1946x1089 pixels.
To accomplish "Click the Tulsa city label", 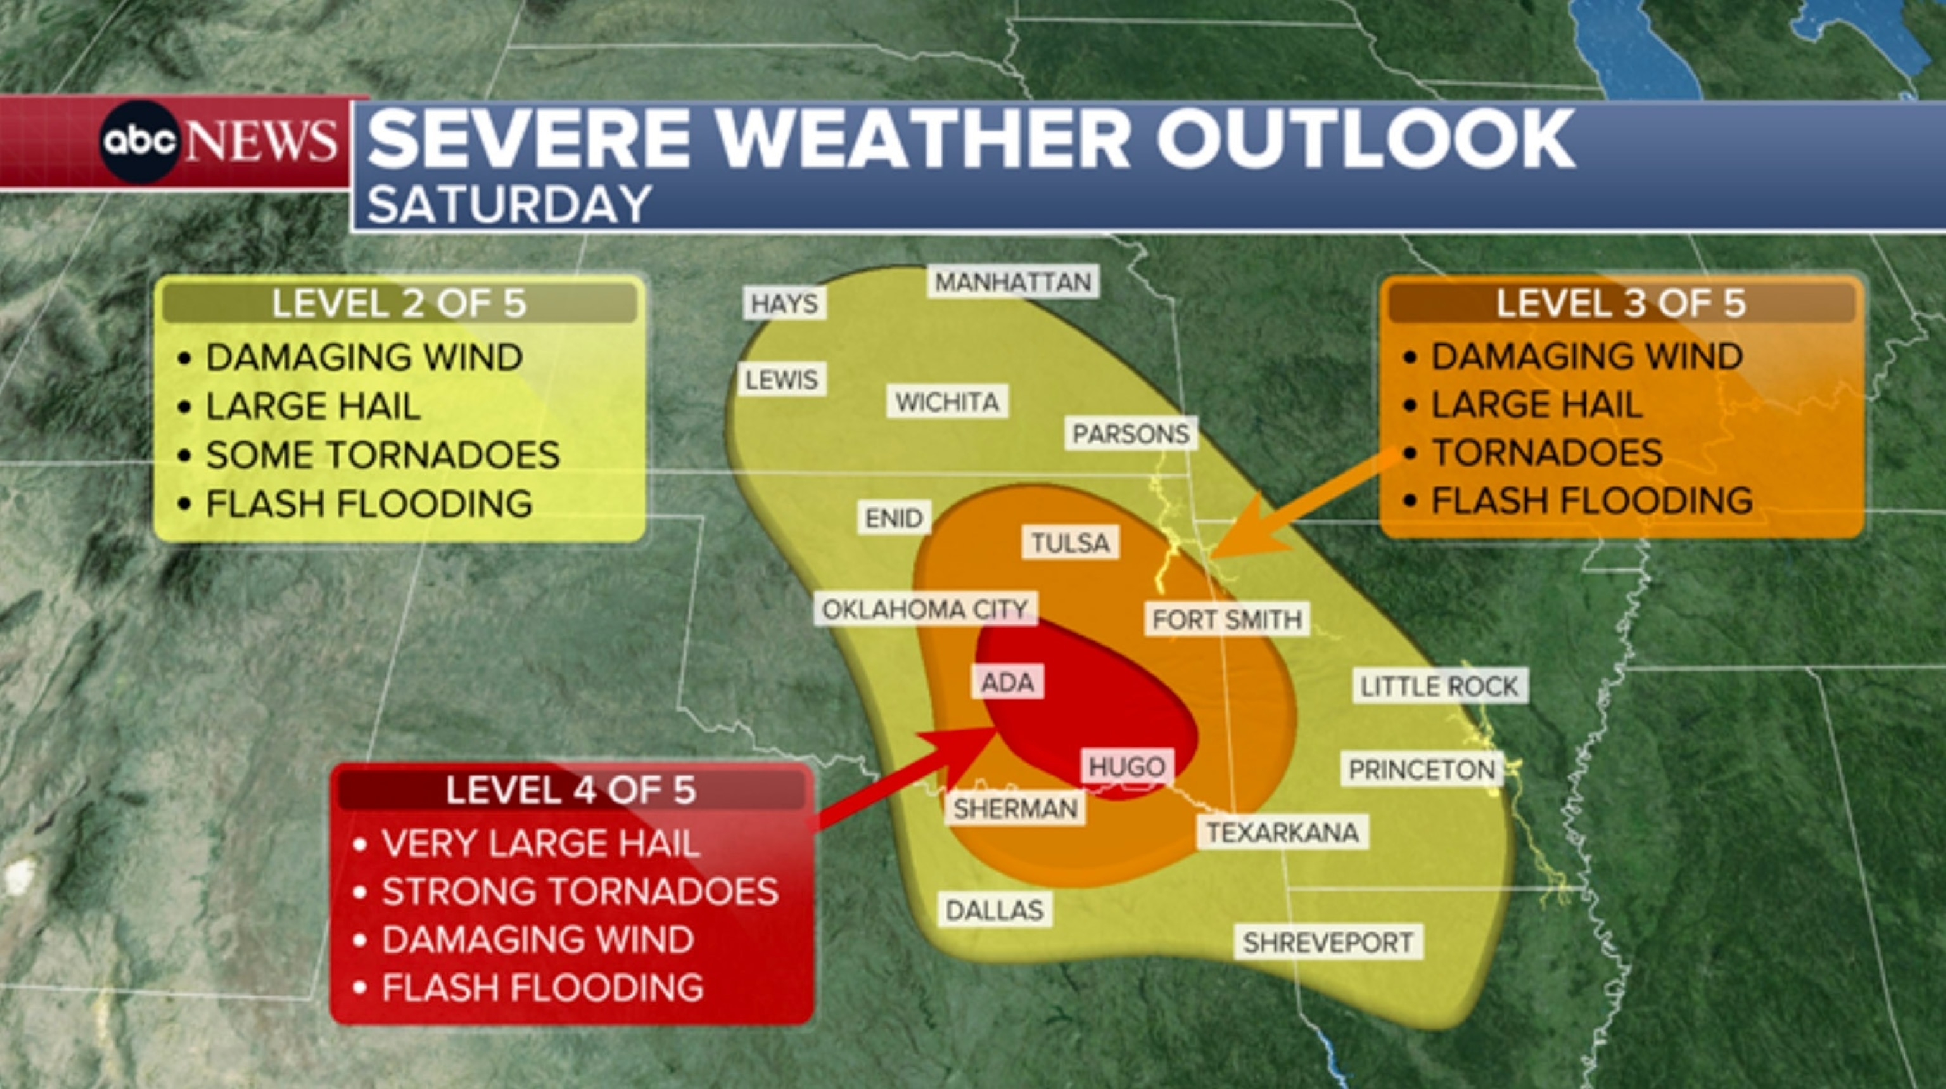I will click(1070, 543).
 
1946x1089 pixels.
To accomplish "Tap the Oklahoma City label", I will click(925, 609).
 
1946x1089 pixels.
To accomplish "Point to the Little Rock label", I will click(1439, 686).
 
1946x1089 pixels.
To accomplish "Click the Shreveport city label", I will click(1328, 943).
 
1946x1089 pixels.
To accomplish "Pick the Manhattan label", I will click(1013, 283).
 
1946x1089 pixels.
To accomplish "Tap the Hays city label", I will click(784, 304).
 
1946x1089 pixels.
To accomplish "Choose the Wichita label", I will click(947, 402).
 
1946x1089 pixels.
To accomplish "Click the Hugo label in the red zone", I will click(1127, 767).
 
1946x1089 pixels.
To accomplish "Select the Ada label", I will click(1007, 683).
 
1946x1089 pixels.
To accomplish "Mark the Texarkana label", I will click(1282, 832).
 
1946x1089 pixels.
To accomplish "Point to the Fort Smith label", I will click(1227, 620).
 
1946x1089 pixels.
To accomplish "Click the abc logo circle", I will click(141, 141).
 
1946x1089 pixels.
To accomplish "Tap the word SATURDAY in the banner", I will click(509, 204).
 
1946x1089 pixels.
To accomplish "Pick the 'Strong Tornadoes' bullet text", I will click(580, 892).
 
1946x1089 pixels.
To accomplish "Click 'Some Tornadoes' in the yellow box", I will click(382, 455).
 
